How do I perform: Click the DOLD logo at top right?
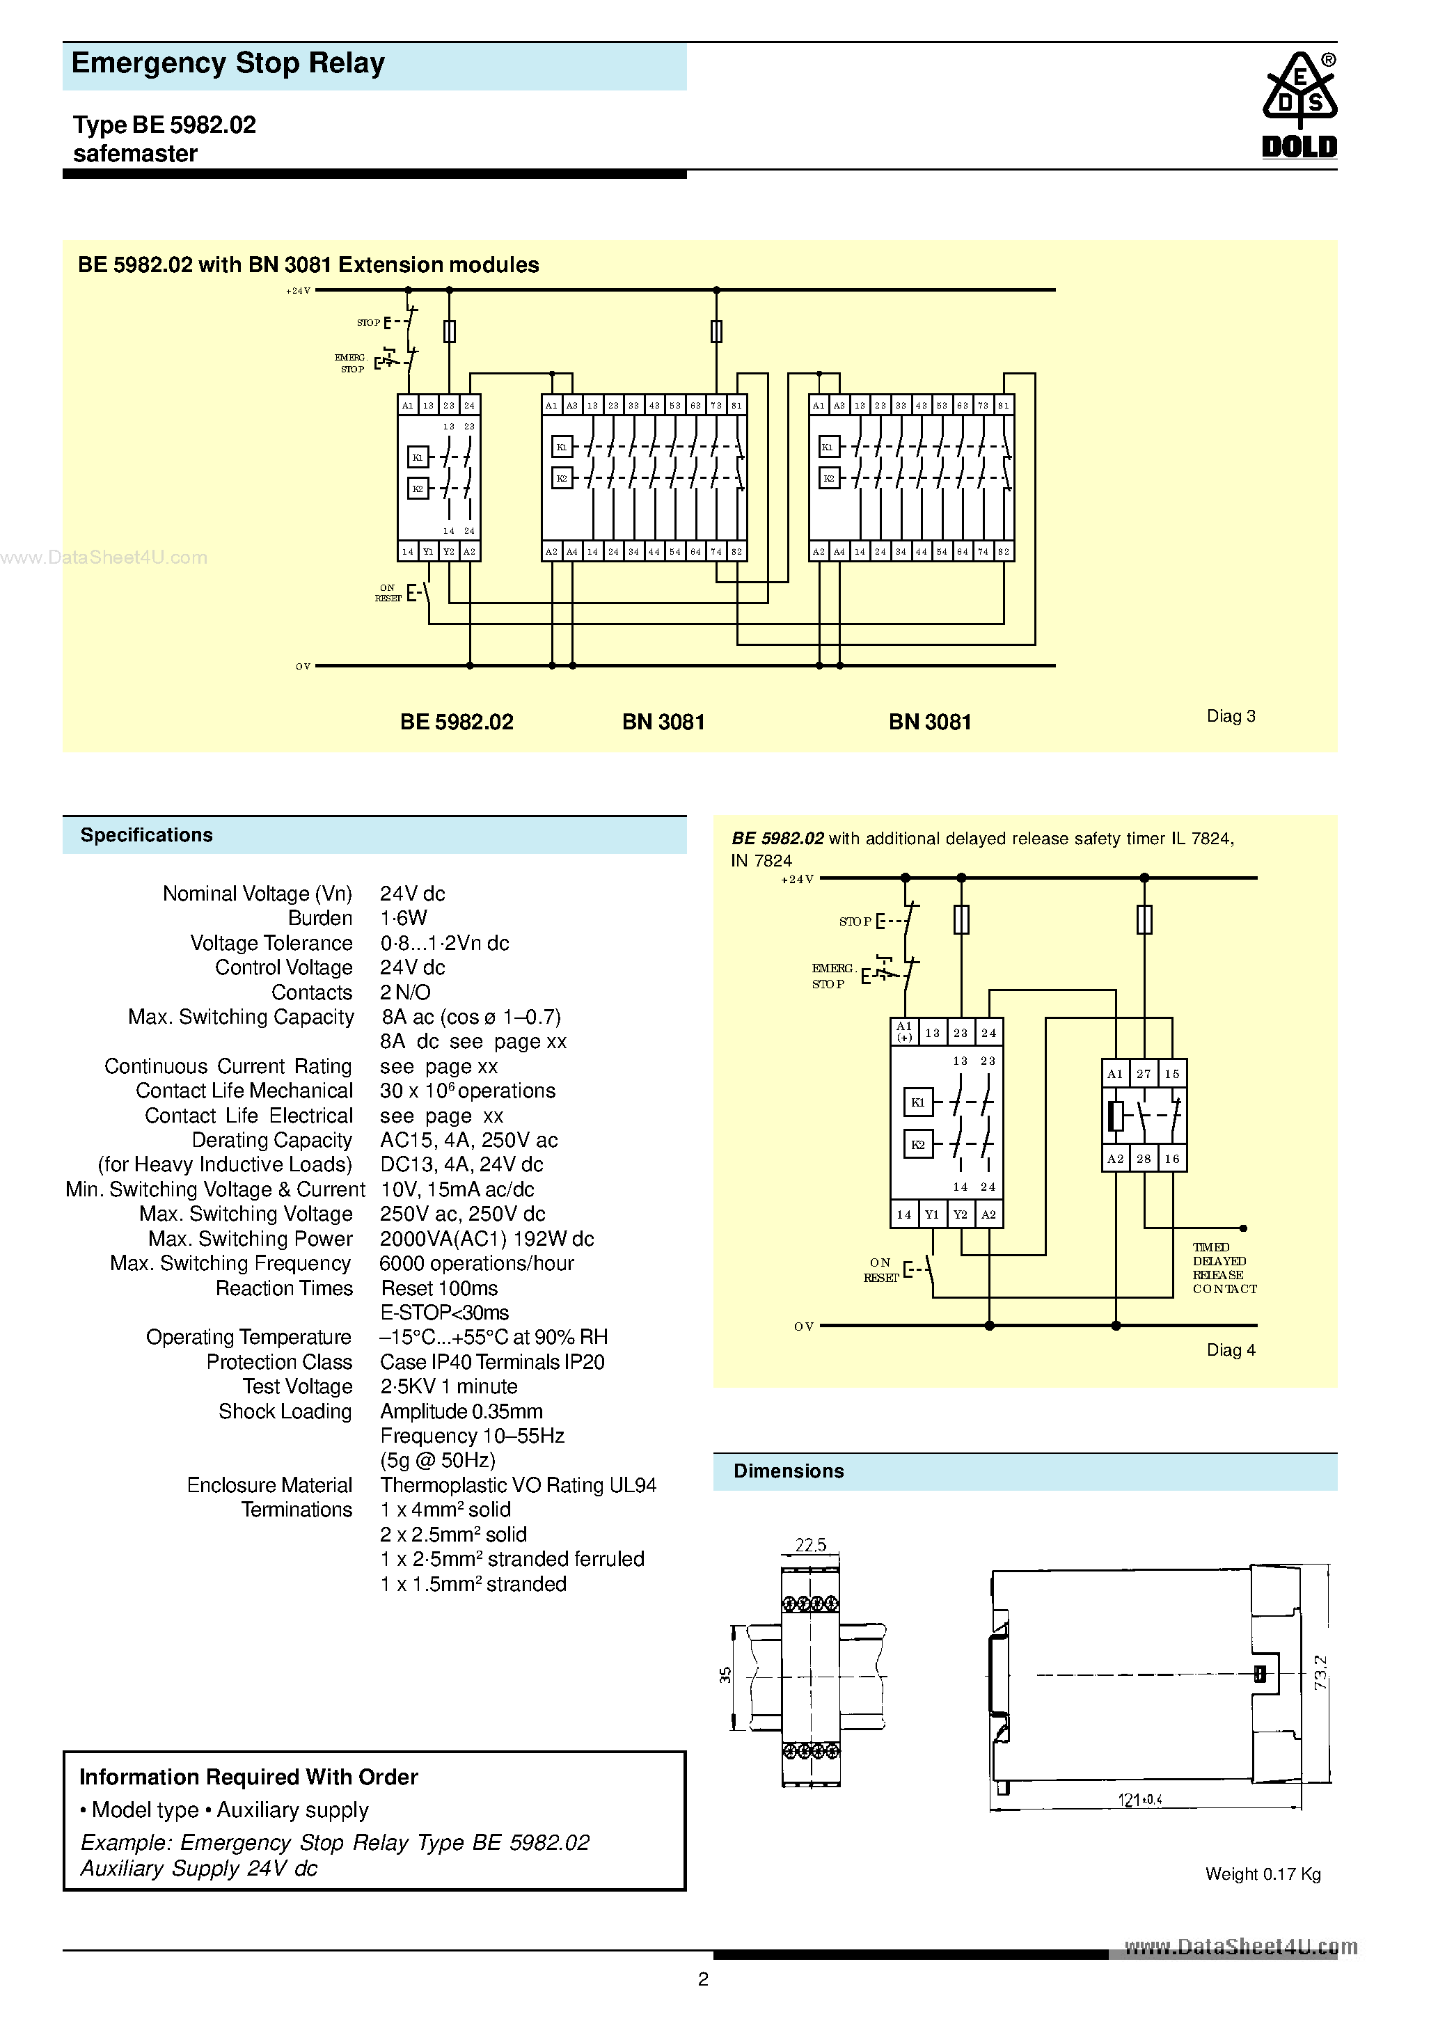tap(1299, 106)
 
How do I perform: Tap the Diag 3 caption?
tap(1231, 716)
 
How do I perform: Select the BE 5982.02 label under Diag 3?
tap(457, 722)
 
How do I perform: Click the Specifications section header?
tap(146, 835)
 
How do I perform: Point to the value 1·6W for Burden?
tap(404, 918)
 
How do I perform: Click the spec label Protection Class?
tap(279, 1362)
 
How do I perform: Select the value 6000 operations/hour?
tap(476, 1263)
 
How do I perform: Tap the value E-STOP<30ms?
tap(444, 1313)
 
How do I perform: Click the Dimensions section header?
tap(788, 1471)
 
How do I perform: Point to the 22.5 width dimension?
tap(810, 1545)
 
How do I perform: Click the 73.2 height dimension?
tap(1321, 1672)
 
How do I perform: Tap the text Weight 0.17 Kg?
tap(1263, 1874)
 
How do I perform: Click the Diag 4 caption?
tap(1231, 1350)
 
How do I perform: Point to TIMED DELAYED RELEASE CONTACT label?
tap(1224, 1268)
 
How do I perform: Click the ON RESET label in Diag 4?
tap(880, 1270)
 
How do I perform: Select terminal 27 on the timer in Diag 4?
tap(1144, 1075)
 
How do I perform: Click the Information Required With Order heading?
tap(248, 1777)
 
